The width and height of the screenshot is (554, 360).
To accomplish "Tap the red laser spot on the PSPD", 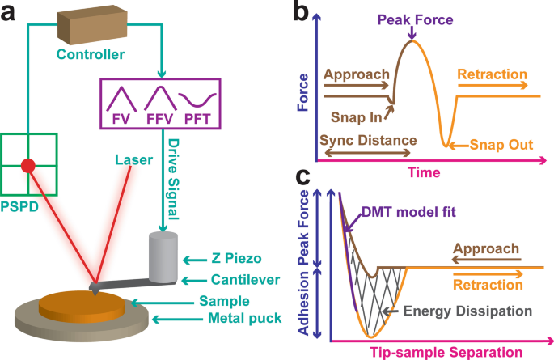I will point(27,166).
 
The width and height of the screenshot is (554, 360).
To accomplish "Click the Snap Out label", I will point(502,146).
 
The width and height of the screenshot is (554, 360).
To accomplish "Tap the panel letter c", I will point(301,176).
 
